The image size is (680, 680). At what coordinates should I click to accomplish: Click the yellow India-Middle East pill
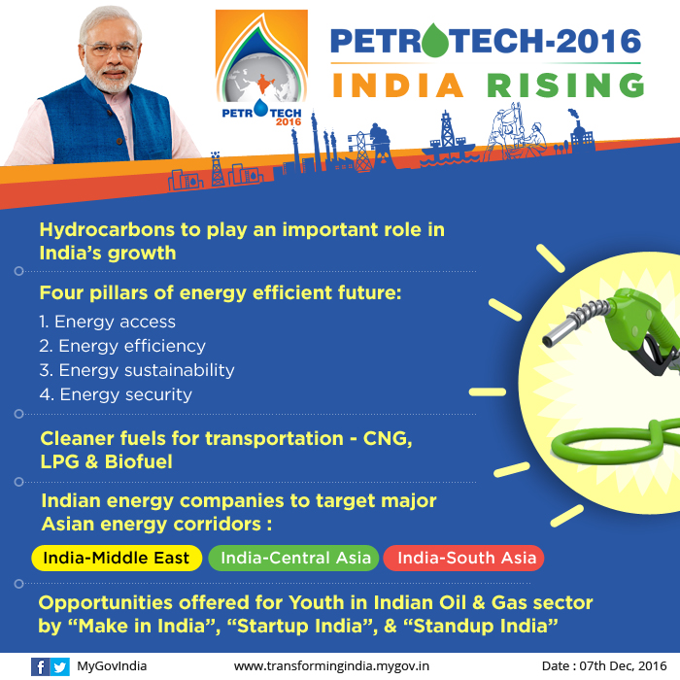click(117, 558)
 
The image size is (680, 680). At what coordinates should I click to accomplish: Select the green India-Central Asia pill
click(293, 558)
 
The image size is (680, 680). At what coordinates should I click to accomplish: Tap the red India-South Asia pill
click(463, 558)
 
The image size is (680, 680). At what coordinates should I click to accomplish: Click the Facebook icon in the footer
click(40, 666)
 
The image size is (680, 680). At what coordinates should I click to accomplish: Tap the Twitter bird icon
click(60, 666)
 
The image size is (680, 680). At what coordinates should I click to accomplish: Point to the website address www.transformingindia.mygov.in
click(331, 666)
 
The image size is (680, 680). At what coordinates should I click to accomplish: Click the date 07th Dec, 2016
click(624, 665)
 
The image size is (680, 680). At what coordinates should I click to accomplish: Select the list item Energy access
click(107, 322)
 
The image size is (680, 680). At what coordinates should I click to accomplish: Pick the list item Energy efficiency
click(122, 346)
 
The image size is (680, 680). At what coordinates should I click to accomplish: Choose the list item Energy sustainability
click(137, 370)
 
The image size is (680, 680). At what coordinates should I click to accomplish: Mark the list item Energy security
click(116, 394)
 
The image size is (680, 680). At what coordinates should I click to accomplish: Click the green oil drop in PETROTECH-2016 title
click(435, 41)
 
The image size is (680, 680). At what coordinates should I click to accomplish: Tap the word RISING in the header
click(565, 85)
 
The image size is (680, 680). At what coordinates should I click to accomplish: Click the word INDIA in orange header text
click(398, 85)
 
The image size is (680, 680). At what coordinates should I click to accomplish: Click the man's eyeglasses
click(111, 48)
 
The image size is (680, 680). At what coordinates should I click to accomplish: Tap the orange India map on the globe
click(263, 84)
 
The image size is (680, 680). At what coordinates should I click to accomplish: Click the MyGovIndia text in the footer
click(112, 666)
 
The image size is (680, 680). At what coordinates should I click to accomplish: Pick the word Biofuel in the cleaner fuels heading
click(139, 461)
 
